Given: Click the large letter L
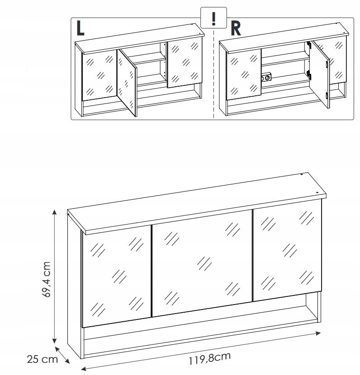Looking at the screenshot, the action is click(x=80, y=28).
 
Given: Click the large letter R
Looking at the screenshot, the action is click(x=236, y=29).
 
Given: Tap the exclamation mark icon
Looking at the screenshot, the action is click(x=213, y=18).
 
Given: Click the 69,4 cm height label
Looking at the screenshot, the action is click(x=46, y=279).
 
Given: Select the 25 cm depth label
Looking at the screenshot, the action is click(x=43, y=359).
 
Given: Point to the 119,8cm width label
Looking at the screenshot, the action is click(x=210, y=358).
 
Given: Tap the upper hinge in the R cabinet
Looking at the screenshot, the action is click(x=309, y=45).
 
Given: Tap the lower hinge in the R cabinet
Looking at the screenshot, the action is click(x=309, y=75).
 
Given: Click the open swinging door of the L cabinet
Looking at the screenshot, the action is click(x=127, y=83).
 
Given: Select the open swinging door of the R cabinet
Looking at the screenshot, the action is click(x=320, y=75).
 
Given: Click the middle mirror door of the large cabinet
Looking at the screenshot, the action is click(x=202, y=263).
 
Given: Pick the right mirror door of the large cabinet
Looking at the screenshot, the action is click(x=287, y=251).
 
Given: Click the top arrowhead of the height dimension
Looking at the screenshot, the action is click(x=55, y=212).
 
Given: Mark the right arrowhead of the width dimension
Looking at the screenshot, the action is click(x=318, y=333).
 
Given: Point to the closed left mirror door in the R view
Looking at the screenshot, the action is click(x=244, y=75).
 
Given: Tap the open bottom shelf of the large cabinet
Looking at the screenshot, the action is click(x=201, y=330).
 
